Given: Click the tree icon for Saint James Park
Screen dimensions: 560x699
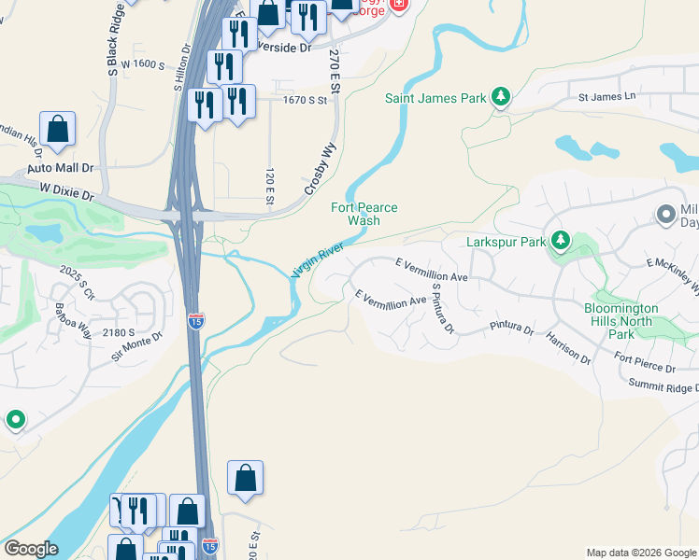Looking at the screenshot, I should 501,96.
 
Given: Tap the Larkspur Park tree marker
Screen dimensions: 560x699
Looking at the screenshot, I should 560,242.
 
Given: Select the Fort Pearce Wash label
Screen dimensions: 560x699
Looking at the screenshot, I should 364,214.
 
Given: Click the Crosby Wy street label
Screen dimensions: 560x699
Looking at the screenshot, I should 320,169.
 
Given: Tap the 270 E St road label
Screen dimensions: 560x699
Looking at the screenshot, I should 333,70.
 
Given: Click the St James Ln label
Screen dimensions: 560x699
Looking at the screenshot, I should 606,96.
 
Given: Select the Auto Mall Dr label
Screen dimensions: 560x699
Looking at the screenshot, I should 61,168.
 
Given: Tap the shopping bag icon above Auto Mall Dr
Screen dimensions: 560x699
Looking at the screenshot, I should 58,130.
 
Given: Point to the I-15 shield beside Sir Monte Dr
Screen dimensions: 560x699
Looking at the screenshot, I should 195,321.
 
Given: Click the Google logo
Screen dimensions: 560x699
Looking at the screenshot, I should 31,549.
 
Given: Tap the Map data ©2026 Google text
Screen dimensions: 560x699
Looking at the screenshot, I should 641,553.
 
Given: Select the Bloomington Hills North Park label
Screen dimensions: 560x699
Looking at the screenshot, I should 621,321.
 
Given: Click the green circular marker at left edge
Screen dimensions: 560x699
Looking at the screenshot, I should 15,421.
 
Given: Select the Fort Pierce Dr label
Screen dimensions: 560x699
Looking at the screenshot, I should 645,361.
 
